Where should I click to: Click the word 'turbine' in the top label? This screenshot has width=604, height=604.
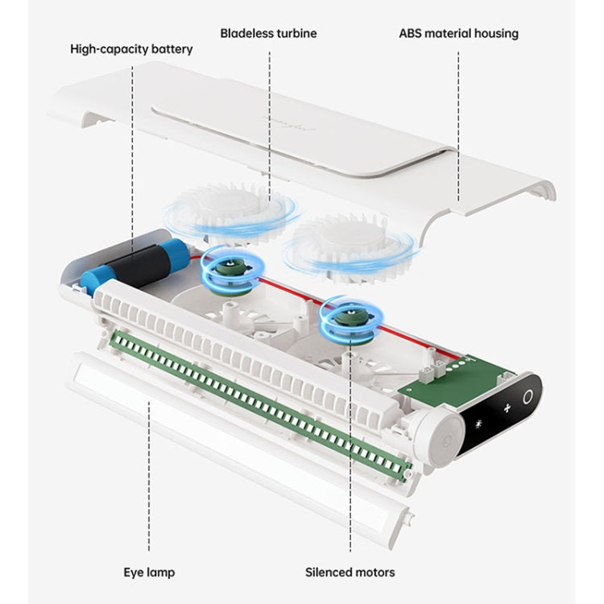pos(295,33)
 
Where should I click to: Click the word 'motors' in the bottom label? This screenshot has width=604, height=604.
pos(375,573)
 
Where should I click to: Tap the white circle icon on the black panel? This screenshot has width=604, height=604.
pos(527,396)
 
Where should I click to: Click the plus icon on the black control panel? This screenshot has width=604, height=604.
pos(507,408)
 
